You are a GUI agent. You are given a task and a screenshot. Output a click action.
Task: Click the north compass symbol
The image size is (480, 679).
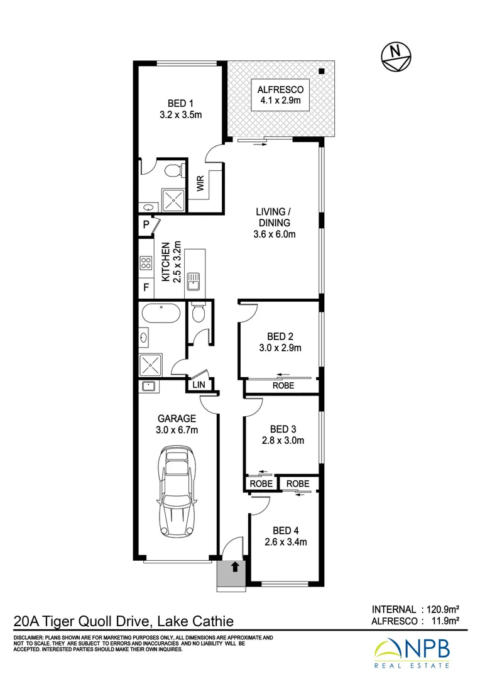pyautogui.click(x=396, y=57)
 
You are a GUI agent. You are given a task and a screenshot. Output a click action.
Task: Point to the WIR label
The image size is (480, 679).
pyautogui.click(x=200, y=184)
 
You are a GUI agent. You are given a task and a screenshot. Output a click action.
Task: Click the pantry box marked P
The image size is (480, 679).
pyautogui.click(x=146, y=224)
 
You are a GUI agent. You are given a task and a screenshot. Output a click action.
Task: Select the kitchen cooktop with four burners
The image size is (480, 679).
pyautogui.click(x=146, y=263)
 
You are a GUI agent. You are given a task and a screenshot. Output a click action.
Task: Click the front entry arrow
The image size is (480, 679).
pyautogui.click(x=235, y=568)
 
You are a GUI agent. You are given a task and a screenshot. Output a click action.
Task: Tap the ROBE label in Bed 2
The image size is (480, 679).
pyautogui.click(x=283, y=385)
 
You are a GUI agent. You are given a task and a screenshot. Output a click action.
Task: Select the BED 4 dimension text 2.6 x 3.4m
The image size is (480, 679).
pyautogui.click(x=285, y=542)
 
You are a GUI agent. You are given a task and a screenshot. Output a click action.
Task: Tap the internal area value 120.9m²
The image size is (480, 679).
pyautogui.click(x=442, y=609)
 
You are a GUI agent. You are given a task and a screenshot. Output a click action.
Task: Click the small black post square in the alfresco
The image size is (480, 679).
pyautogui.click(x=321, y=71)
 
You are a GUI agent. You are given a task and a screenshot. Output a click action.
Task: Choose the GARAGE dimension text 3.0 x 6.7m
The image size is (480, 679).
pyautogui.click(x=177, y=430)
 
